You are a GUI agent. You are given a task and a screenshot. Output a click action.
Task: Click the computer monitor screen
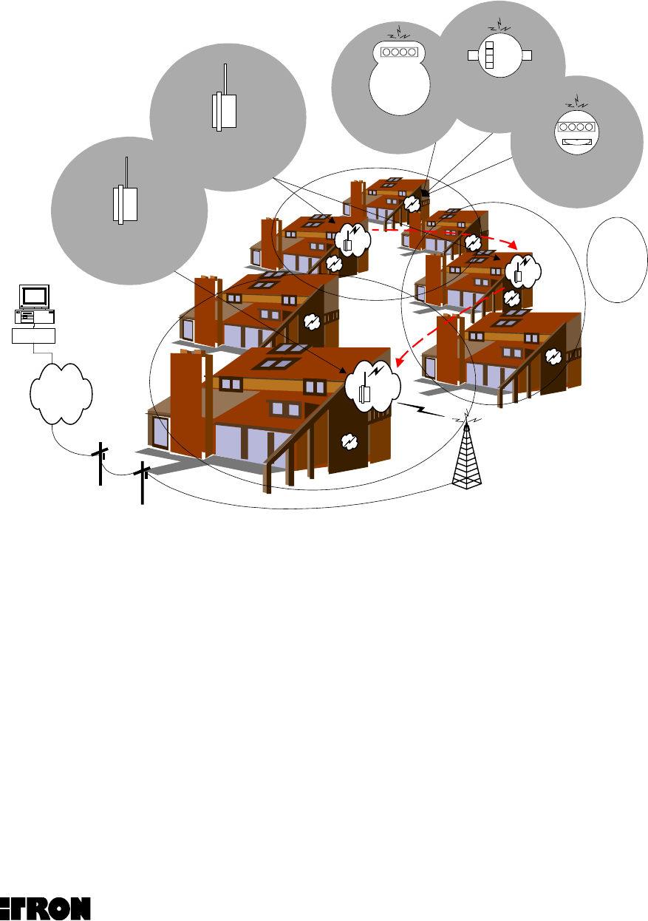[x=34, y=296]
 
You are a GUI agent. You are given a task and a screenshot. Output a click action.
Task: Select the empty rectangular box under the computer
[x=34, y=335]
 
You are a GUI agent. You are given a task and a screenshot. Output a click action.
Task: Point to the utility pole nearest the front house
[x=142, y=483]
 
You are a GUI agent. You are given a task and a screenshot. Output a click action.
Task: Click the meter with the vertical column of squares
[x=488, y=55]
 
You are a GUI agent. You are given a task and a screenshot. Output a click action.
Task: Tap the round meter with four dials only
[x=400, y=52]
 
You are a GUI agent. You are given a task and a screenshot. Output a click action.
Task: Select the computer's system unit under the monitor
[x=34, y=316]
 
